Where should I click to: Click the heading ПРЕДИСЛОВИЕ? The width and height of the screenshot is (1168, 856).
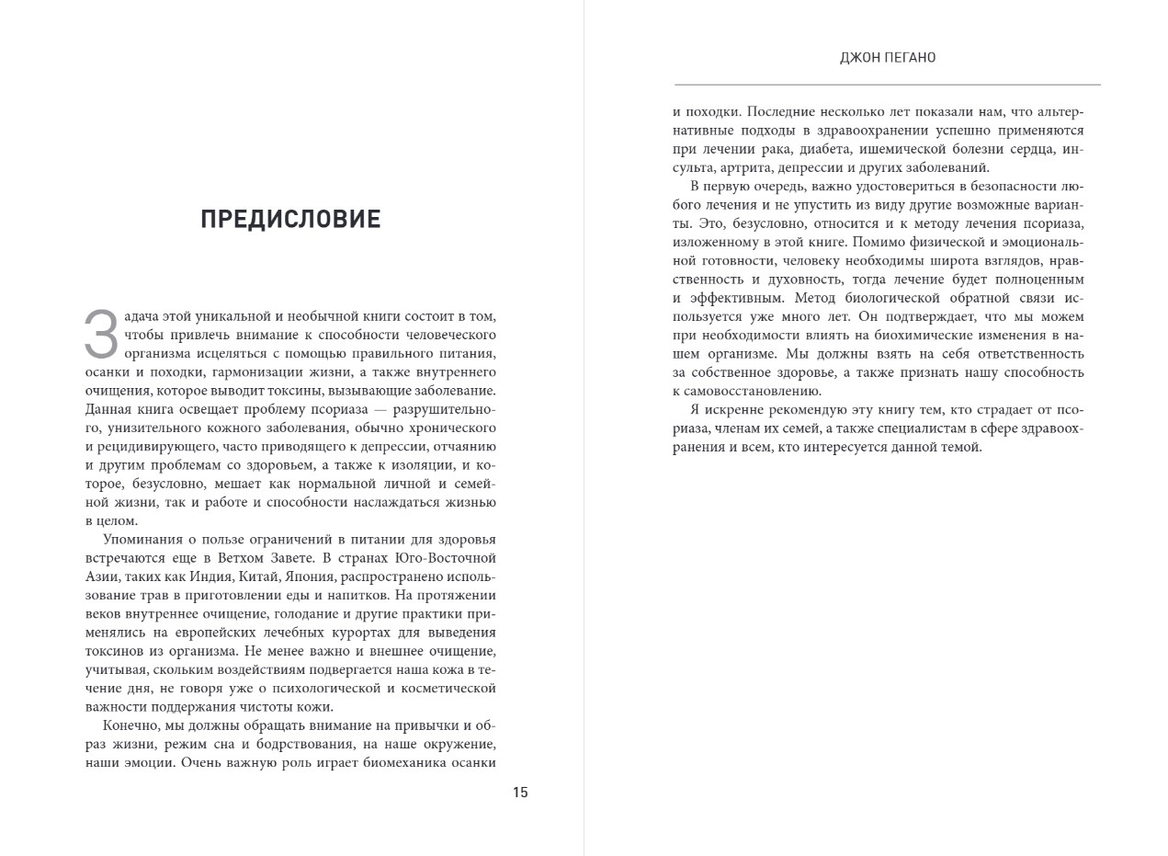click(290, 220)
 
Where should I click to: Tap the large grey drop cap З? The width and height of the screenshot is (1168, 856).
click(101, 335)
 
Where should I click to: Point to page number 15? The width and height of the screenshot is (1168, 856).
click(520, 793)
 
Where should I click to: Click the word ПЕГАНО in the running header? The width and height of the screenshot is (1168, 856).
click(912, 58)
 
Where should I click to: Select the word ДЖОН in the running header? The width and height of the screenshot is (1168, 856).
click(861, 58)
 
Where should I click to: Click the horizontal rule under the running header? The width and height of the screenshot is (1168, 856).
click(887, 85)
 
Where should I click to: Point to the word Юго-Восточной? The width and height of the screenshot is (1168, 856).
click(446, 558)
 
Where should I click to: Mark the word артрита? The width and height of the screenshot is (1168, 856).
click(747, 167)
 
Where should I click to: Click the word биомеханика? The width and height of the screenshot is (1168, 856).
click(404, 762)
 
